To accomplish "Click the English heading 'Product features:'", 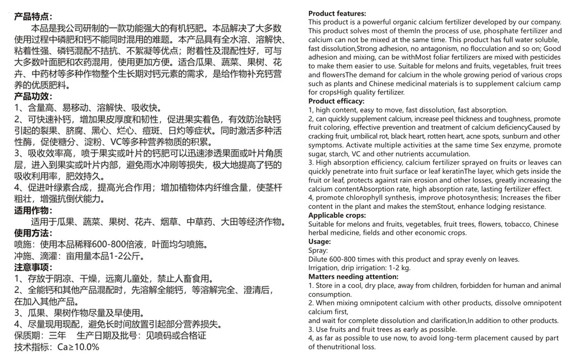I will click(337, 13).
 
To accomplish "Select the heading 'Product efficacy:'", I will click(336, 101).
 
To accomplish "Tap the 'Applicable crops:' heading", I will click(337, 215).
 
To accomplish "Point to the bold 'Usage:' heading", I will click(320, 241).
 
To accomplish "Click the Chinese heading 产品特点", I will click(33, 17).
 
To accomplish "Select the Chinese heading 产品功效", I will click(33, 96).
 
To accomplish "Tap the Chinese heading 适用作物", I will click(33, 210).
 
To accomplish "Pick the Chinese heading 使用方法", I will click(33, 233).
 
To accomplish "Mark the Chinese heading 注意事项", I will click(33, 267).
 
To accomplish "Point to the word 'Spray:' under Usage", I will click(318, 250).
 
